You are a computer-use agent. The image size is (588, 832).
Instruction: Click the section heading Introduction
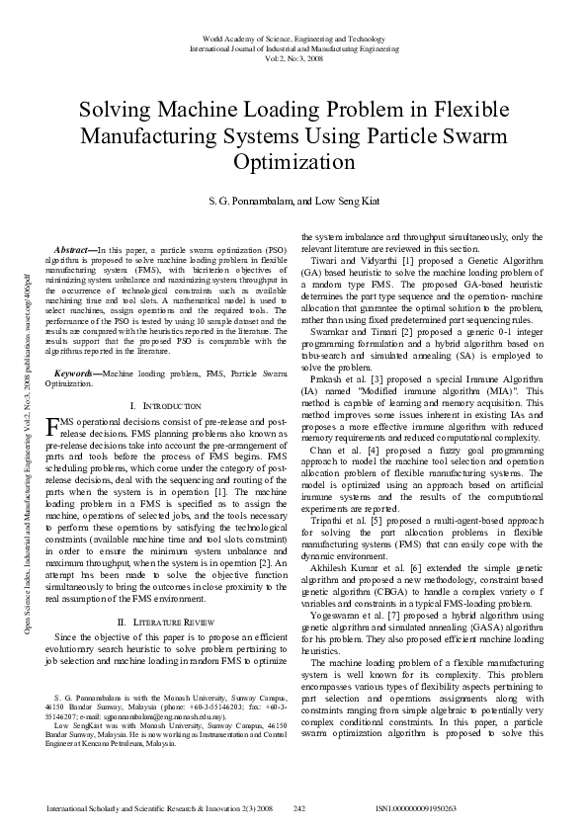[165, 406]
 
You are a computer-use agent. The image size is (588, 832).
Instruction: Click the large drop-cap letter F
[54, 427]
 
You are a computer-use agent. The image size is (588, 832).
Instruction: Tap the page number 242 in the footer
[299, 808]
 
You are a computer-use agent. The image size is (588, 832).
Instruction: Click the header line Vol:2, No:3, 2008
[294, 58]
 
